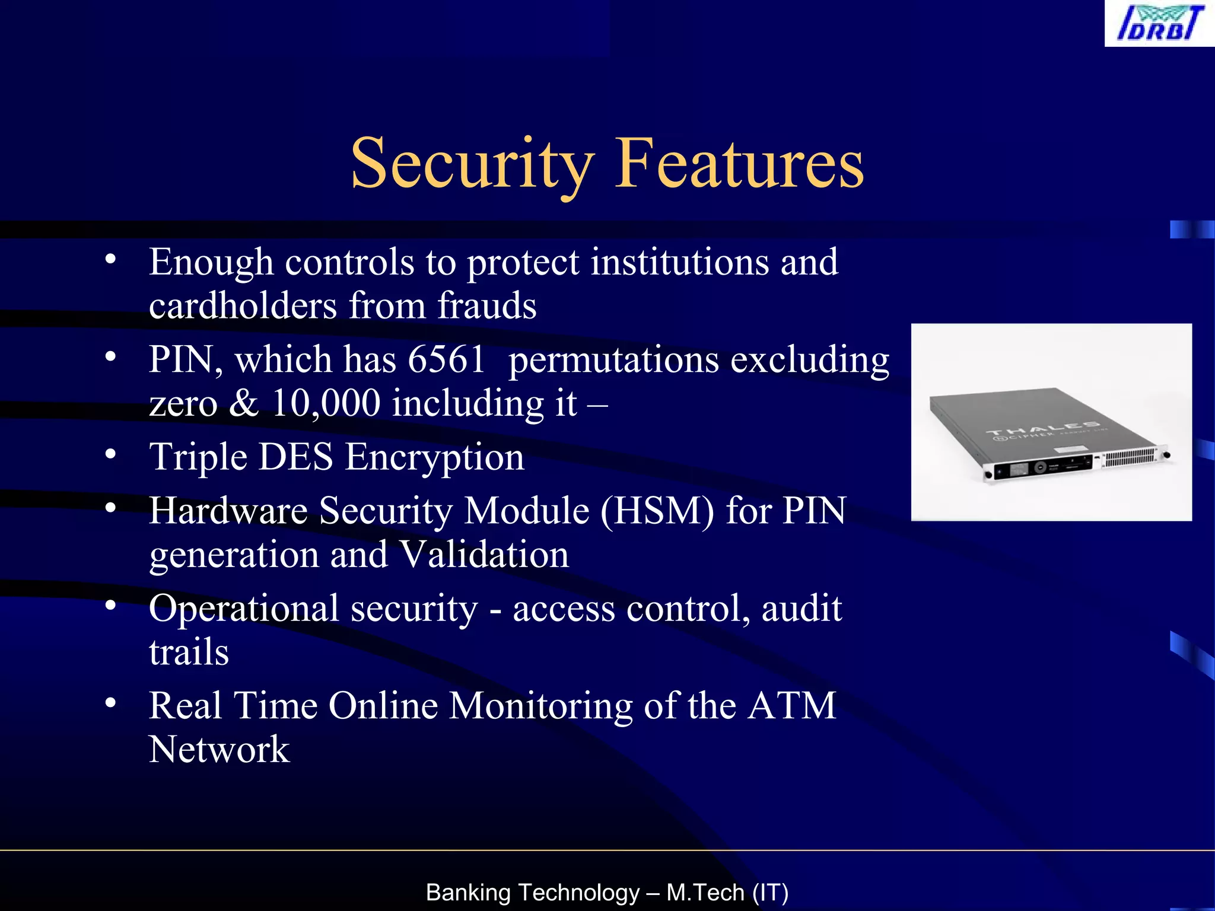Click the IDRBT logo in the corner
(x=1160, y=24)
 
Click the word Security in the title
(x=472, y=163)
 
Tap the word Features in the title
(x=739, y=163)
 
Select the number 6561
(x=447, y=359)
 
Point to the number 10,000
(x=326, y=403)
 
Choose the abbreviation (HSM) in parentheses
(x=657, y=511)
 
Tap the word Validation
(x=484, y=555)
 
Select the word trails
(x=189, y=652)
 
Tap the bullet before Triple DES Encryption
(x=110, y=454)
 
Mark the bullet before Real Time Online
(x=110, y=703)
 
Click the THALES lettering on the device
(x=1042, y=430)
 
